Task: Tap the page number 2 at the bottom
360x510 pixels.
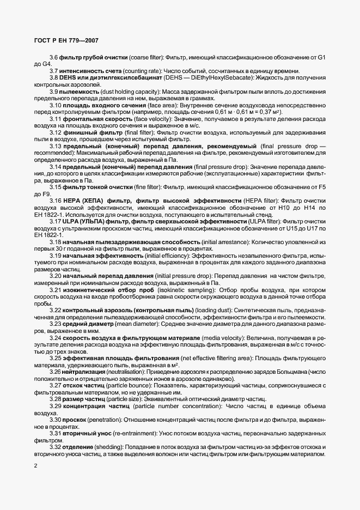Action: [x=35, y=466]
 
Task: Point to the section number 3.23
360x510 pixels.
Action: [x=56, y=324]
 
